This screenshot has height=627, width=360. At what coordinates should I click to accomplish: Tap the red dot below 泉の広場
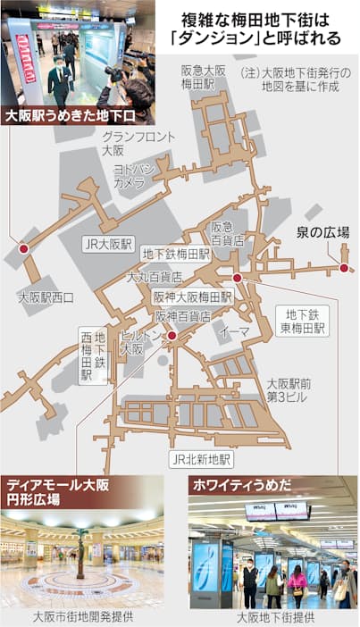tap(344, 267)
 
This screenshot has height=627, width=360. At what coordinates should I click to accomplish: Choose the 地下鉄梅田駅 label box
tap(175, 254)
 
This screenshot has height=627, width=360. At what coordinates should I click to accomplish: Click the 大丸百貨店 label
tap(154, 277)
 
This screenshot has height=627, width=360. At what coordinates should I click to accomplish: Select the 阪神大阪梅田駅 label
tap(192, 297)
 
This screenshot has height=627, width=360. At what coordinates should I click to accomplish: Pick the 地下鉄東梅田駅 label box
tap(303, 322)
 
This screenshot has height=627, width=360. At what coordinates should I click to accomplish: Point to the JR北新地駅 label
tap(200, 459)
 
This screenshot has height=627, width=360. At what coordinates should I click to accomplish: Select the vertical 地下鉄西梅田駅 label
tap(93, 355)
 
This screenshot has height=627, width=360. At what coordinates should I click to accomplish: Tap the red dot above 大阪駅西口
tap(23, 248)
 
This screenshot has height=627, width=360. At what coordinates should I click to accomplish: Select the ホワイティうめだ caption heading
tap(238, 489)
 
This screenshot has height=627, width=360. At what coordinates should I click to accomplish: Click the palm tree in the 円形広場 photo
tap(83, 546)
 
